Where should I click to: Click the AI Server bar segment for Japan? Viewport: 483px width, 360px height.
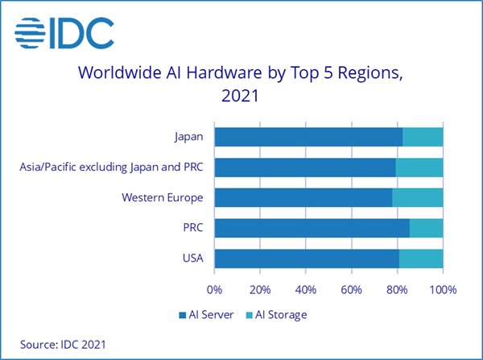pyautogui.click(x=308, y=137)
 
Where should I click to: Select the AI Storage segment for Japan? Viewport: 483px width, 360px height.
pyautogui.click(x=423, y=137)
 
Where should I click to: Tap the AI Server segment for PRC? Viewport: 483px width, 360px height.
pyautogui.click(x=312, y=228)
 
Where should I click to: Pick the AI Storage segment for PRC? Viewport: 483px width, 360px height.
pyautogui.click(x=426, y=228)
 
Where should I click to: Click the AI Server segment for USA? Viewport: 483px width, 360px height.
pyautogui.click(x=307, y=259)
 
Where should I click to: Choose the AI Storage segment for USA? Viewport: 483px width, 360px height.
pyautogui.click(x=421, y=259)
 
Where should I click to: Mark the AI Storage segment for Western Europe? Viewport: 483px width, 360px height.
pyautogui.click(x=418, y=197)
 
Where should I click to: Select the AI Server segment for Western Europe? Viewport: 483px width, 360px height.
pyautogui.click(x=303, y=197)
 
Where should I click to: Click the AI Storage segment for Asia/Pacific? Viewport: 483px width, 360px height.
pyautogui.click(x=419, y=168)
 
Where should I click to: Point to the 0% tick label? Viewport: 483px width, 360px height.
pyautogui.click(x=215, y=288)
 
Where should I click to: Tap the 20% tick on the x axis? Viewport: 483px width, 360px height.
pyautogui.click(x=260, y=288)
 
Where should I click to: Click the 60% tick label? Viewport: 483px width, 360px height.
pyautogui.click(x=352, y=288)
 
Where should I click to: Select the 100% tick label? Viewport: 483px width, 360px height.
pyautogui.click(x=443, y=288)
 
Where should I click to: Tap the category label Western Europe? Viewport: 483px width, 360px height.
pyautogui.click(x=162, y=197)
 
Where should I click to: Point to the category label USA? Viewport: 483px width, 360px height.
pyautogui.click(x=192, y=259)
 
